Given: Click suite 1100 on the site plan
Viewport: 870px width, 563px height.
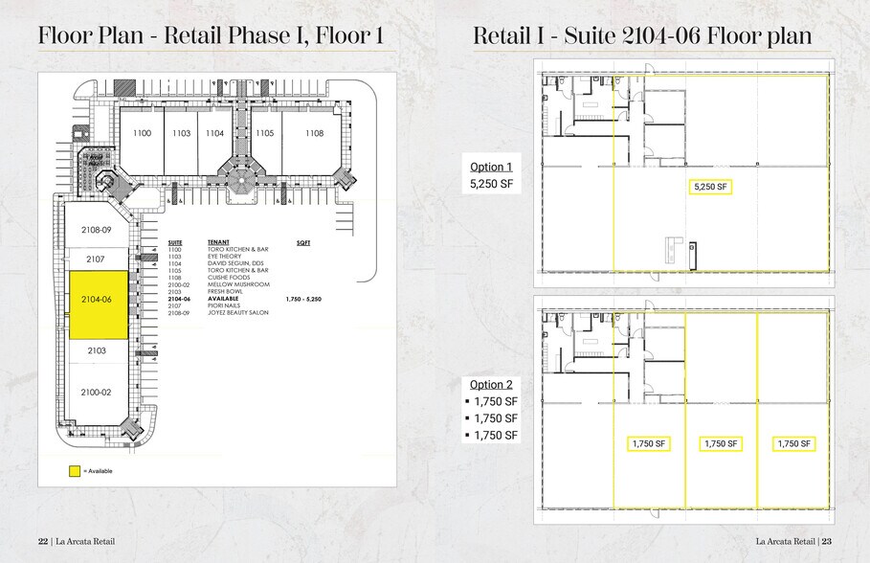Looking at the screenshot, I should [142, 133].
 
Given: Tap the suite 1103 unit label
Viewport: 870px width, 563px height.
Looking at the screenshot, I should [181, 133].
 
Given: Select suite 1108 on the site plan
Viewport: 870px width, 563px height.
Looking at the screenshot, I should [314, 133].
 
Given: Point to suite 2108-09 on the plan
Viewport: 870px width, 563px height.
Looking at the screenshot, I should [96, 231].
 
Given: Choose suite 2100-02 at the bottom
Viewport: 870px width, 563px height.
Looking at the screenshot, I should [96, 393].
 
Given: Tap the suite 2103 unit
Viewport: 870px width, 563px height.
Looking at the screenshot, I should [96, 351].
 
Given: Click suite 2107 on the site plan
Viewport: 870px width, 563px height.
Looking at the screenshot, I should [96, 259].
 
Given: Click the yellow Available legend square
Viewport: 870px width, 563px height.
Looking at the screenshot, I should [74, 471].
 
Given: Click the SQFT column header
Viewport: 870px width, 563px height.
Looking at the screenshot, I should [303, 243].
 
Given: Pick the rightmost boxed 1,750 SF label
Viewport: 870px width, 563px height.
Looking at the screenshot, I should [793, 443].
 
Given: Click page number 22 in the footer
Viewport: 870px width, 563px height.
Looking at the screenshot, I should [42, 541].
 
